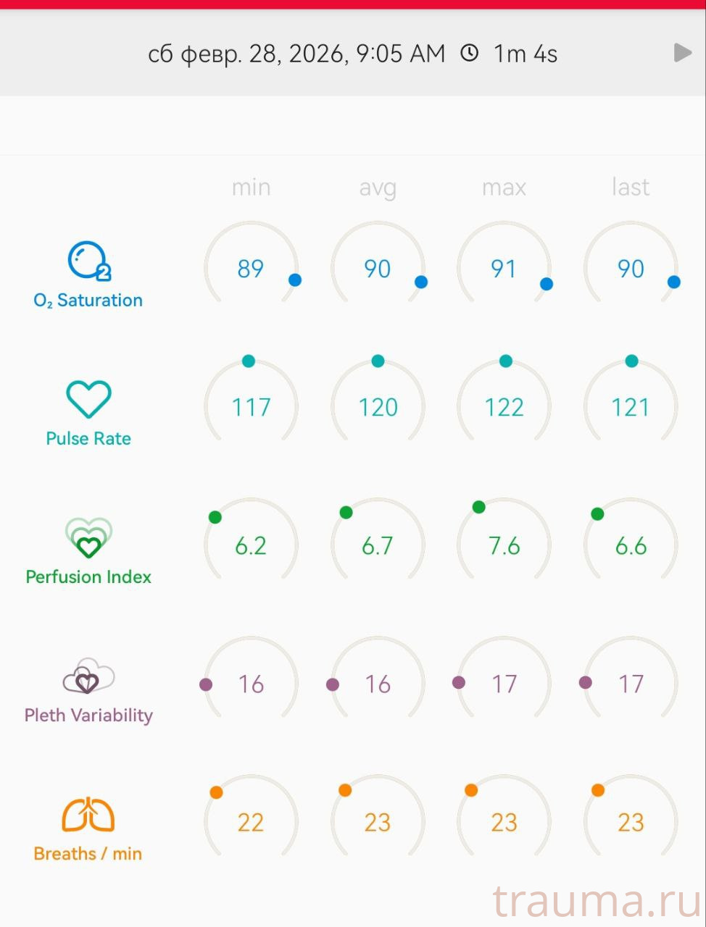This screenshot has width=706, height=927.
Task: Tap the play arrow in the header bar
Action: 682,53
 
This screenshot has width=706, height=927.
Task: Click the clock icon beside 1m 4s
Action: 470,53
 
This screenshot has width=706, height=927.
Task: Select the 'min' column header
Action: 251,188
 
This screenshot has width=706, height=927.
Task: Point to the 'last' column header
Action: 631,188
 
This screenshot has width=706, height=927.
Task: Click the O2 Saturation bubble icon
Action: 88,261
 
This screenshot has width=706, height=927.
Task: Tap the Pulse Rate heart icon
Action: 88,399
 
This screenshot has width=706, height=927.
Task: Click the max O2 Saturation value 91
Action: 504,269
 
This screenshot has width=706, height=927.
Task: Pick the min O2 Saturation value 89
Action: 251,269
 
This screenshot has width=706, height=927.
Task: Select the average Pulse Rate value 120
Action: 378,407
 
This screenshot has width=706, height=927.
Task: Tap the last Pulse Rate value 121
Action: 631,407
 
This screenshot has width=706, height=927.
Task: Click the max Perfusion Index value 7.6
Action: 504,545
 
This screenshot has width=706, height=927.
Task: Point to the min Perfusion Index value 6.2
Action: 251,545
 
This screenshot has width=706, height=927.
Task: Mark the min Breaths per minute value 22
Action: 251,822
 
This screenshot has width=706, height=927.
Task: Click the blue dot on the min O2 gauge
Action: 295,280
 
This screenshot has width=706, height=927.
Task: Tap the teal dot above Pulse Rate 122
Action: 506,361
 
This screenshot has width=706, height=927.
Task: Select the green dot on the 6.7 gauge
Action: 346,513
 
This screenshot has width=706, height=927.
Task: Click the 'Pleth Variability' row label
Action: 88,716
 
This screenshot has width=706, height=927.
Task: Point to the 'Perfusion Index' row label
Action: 88,577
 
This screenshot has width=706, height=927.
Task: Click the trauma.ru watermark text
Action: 597,902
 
